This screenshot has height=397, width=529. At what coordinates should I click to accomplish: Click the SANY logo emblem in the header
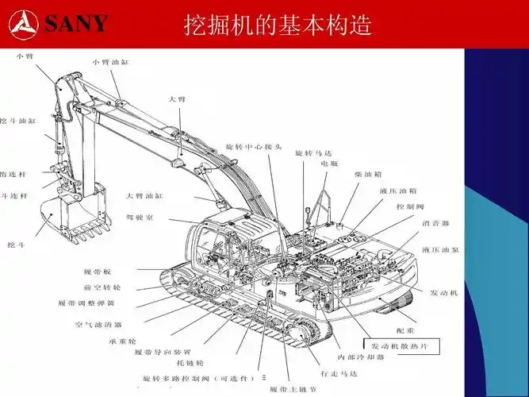pos(22,23)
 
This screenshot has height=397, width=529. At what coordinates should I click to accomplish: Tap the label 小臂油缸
pos(109,61)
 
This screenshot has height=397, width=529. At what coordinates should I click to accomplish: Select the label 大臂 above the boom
pos(177,99)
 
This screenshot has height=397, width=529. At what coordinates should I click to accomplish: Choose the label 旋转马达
pos(313,152)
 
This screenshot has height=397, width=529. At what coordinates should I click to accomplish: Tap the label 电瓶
pos(330,164)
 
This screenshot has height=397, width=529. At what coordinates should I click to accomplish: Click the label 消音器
pos(435,223)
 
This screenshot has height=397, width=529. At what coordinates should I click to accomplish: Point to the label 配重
pos(405,329)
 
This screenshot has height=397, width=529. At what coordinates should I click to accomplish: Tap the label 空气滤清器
pos(98,324)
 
